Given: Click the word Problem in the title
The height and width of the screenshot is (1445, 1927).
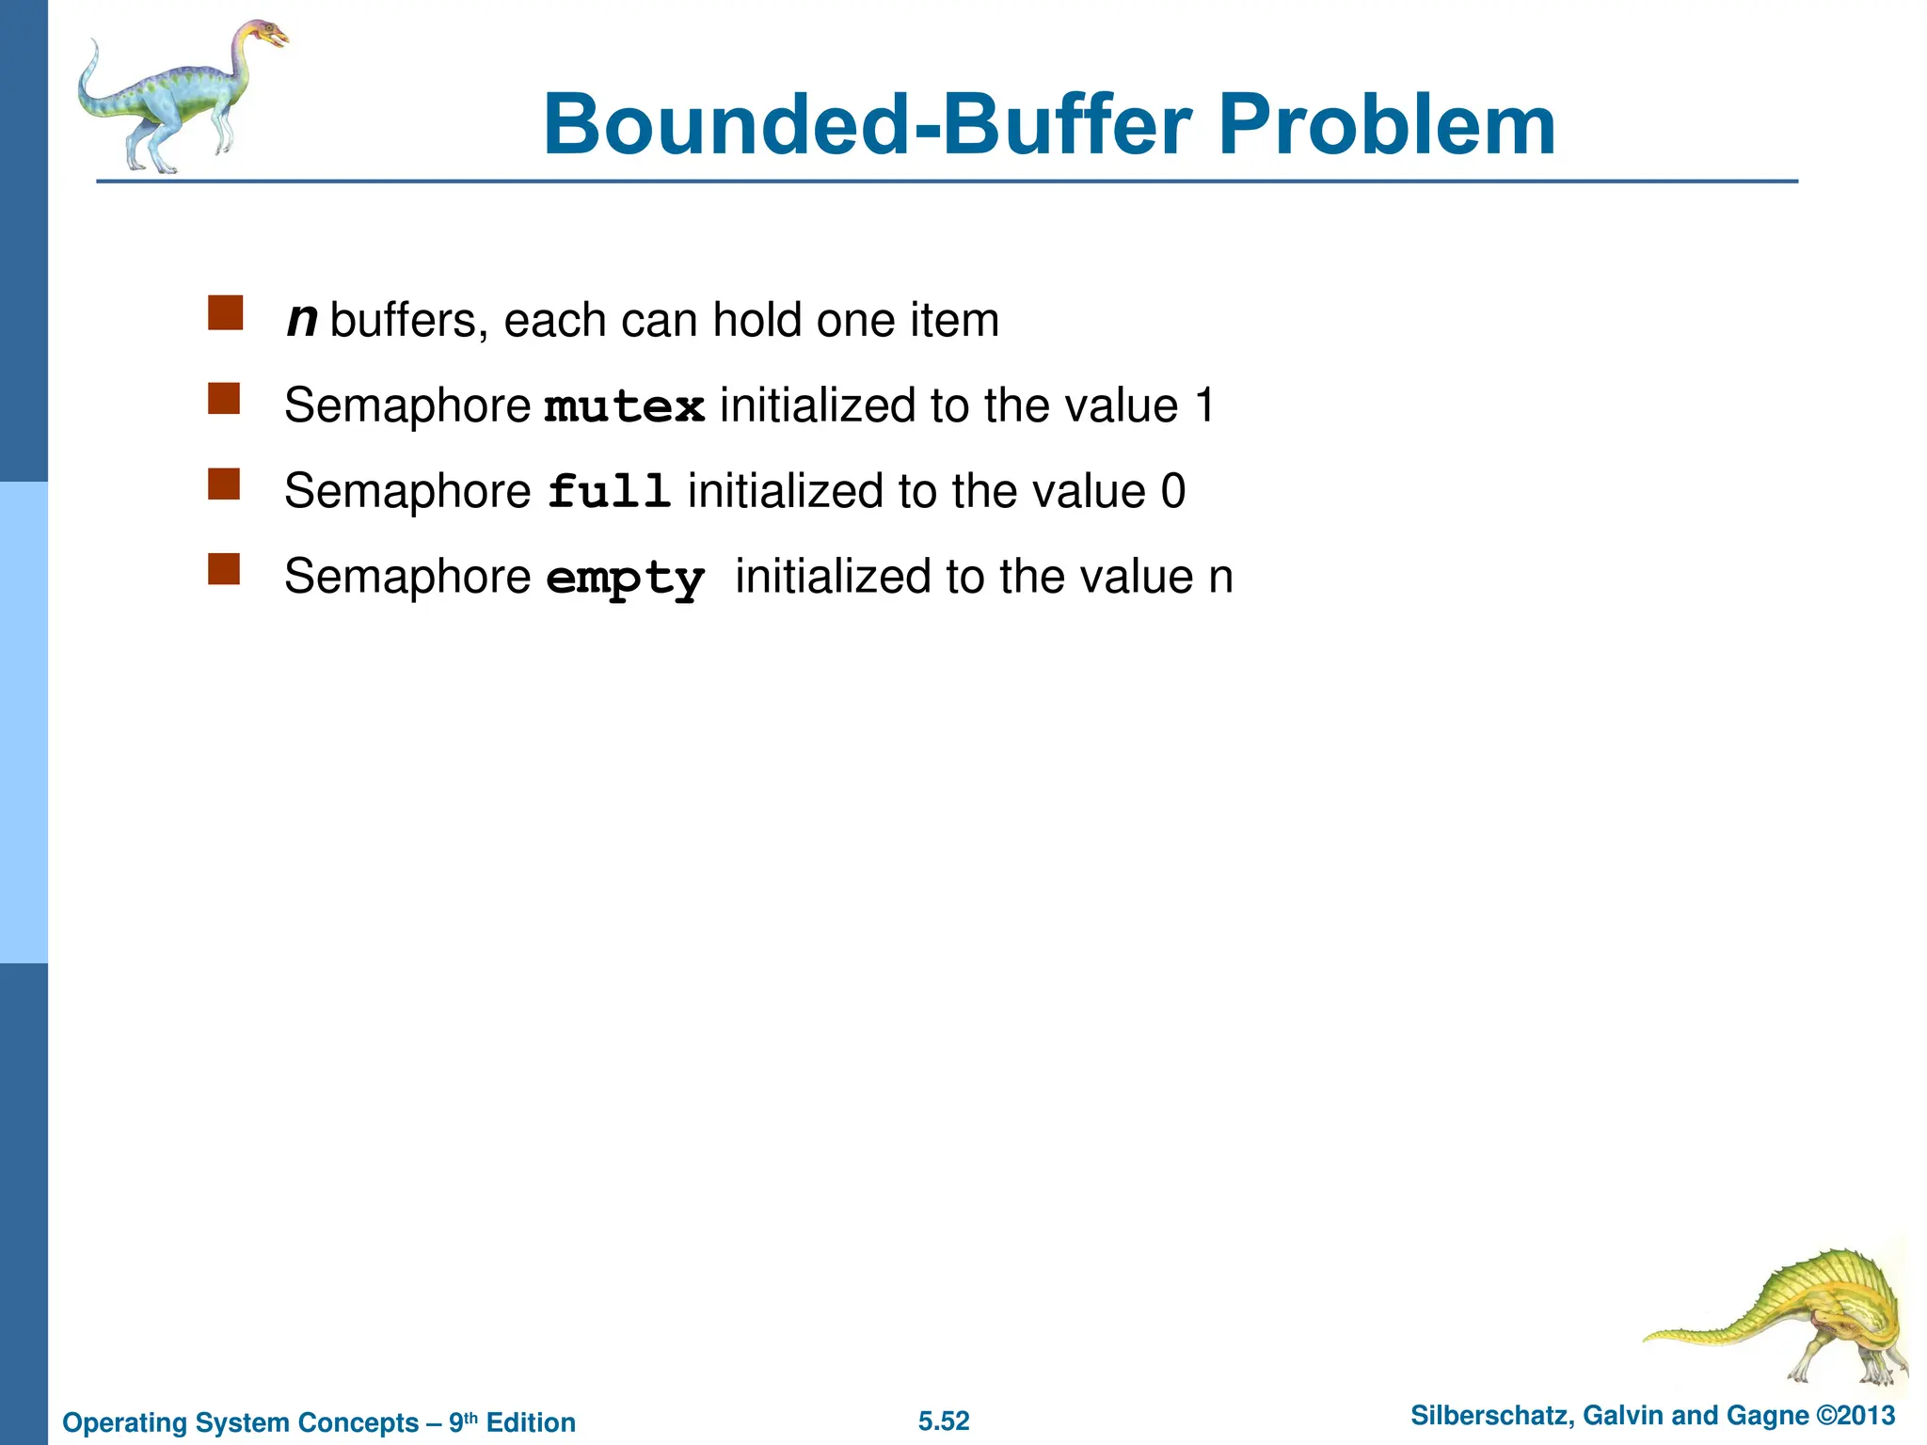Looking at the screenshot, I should click(1386, 126).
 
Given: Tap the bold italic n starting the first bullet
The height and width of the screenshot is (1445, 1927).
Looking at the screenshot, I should click(301, 320).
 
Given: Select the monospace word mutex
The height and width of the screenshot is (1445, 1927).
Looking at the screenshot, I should click(625, 407).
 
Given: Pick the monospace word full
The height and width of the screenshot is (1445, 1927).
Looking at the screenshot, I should click(609, 492).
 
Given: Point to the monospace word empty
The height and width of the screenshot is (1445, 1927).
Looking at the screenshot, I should click(625, 578).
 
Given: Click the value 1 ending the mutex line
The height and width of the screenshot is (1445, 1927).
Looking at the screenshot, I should click(1203, 406).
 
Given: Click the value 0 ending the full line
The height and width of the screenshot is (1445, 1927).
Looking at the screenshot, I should click(1172, 492).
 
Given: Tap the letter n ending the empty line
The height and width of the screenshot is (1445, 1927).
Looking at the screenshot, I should click(1220, 578).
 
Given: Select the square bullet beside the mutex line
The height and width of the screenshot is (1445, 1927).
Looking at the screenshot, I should click(224, 399).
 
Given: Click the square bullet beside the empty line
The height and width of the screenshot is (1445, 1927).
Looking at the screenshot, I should click(224, 569).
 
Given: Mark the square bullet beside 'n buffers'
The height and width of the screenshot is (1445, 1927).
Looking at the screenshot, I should click(225, 313).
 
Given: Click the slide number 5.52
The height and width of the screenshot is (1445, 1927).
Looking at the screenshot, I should click(944, 1421).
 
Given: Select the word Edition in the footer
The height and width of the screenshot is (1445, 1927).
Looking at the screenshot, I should click(531, 1422).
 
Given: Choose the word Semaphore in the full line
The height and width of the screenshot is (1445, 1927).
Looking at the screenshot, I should click(407, 492).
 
